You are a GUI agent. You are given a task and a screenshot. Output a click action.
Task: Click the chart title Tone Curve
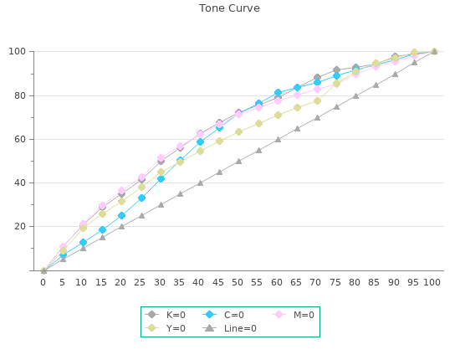point(229,8)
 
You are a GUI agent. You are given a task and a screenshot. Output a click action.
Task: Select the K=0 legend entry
point(165,315)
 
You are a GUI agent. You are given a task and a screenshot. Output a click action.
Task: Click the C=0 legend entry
point(223,315)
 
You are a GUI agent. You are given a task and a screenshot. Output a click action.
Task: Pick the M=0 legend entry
point(293,315)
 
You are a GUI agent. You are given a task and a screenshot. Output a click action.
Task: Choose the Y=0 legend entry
point(165,328)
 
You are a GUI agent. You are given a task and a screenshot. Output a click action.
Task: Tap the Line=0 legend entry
point(230,328)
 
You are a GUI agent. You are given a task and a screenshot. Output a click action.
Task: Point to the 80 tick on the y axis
point(20,95)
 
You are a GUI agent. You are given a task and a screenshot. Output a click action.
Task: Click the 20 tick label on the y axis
point(20,226)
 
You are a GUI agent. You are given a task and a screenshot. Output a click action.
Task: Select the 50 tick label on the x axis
point(238,282)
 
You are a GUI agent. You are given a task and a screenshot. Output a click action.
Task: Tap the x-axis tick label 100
point(432,282)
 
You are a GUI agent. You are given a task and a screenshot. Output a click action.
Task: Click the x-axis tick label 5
point(62,282)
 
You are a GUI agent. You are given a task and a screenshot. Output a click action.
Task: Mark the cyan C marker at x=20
point(121,215)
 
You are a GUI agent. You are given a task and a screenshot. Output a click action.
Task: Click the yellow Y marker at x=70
point(317,100)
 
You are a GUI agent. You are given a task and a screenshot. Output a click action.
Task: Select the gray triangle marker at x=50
point(239,162)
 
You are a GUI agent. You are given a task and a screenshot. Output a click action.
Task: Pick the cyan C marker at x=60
point(279,93)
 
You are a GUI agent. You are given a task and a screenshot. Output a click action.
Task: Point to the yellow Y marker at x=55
point(258,124)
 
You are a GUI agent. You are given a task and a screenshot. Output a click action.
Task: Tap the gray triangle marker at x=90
point(395,74)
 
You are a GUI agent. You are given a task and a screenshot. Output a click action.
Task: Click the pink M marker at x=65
point(297,95)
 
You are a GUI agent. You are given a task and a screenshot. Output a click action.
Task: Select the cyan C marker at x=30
point(161,178)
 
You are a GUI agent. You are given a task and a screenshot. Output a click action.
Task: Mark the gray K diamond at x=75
point(336,69)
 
